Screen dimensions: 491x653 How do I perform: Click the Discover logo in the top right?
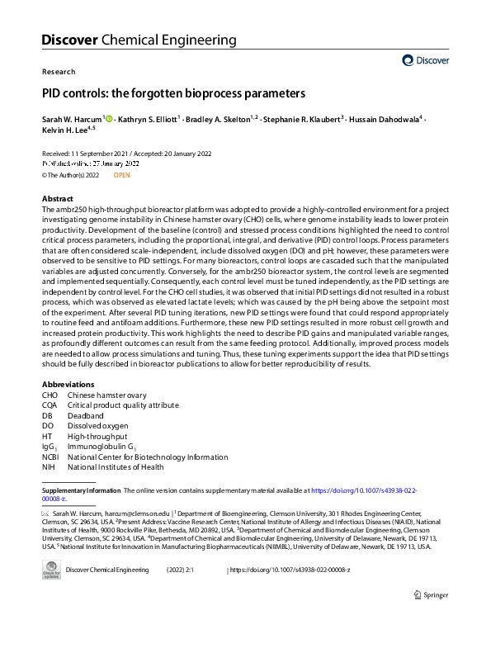pyautogui.click(x=426, y=60)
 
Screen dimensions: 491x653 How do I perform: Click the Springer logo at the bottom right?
pyautogui.click(x=431, y=595)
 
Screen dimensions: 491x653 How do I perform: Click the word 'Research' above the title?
pyautogui.click(x=58, y=72)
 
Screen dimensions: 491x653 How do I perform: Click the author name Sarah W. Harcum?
pyautogui.click(x=71, y=120)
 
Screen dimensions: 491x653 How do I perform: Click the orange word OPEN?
pyautogui.click(x=121, y=175)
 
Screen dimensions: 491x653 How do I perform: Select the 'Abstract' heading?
pyautogui.click(x=58, y=200)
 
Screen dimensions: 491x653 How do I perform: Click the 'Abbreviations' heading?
pyautogui.click(x=68, y=385)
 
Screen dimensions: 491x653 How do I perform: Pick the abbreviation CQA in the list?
pyautogui.click(x=51, y=405)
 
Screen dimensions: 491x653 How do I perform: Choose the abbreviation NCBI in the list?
pyautogui.click(x=52, y=457)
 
